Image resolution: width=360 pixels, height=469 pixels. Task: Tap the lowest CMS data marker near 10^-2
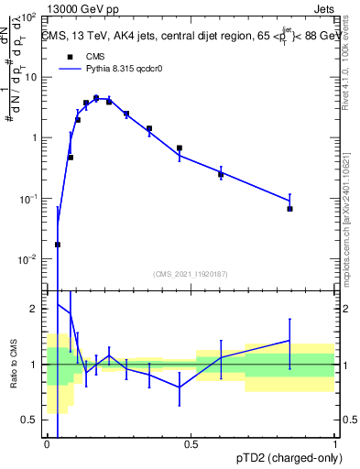(58, 245)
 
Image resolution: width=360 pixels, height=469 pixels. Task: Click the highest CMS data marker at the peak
(96, 98)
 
